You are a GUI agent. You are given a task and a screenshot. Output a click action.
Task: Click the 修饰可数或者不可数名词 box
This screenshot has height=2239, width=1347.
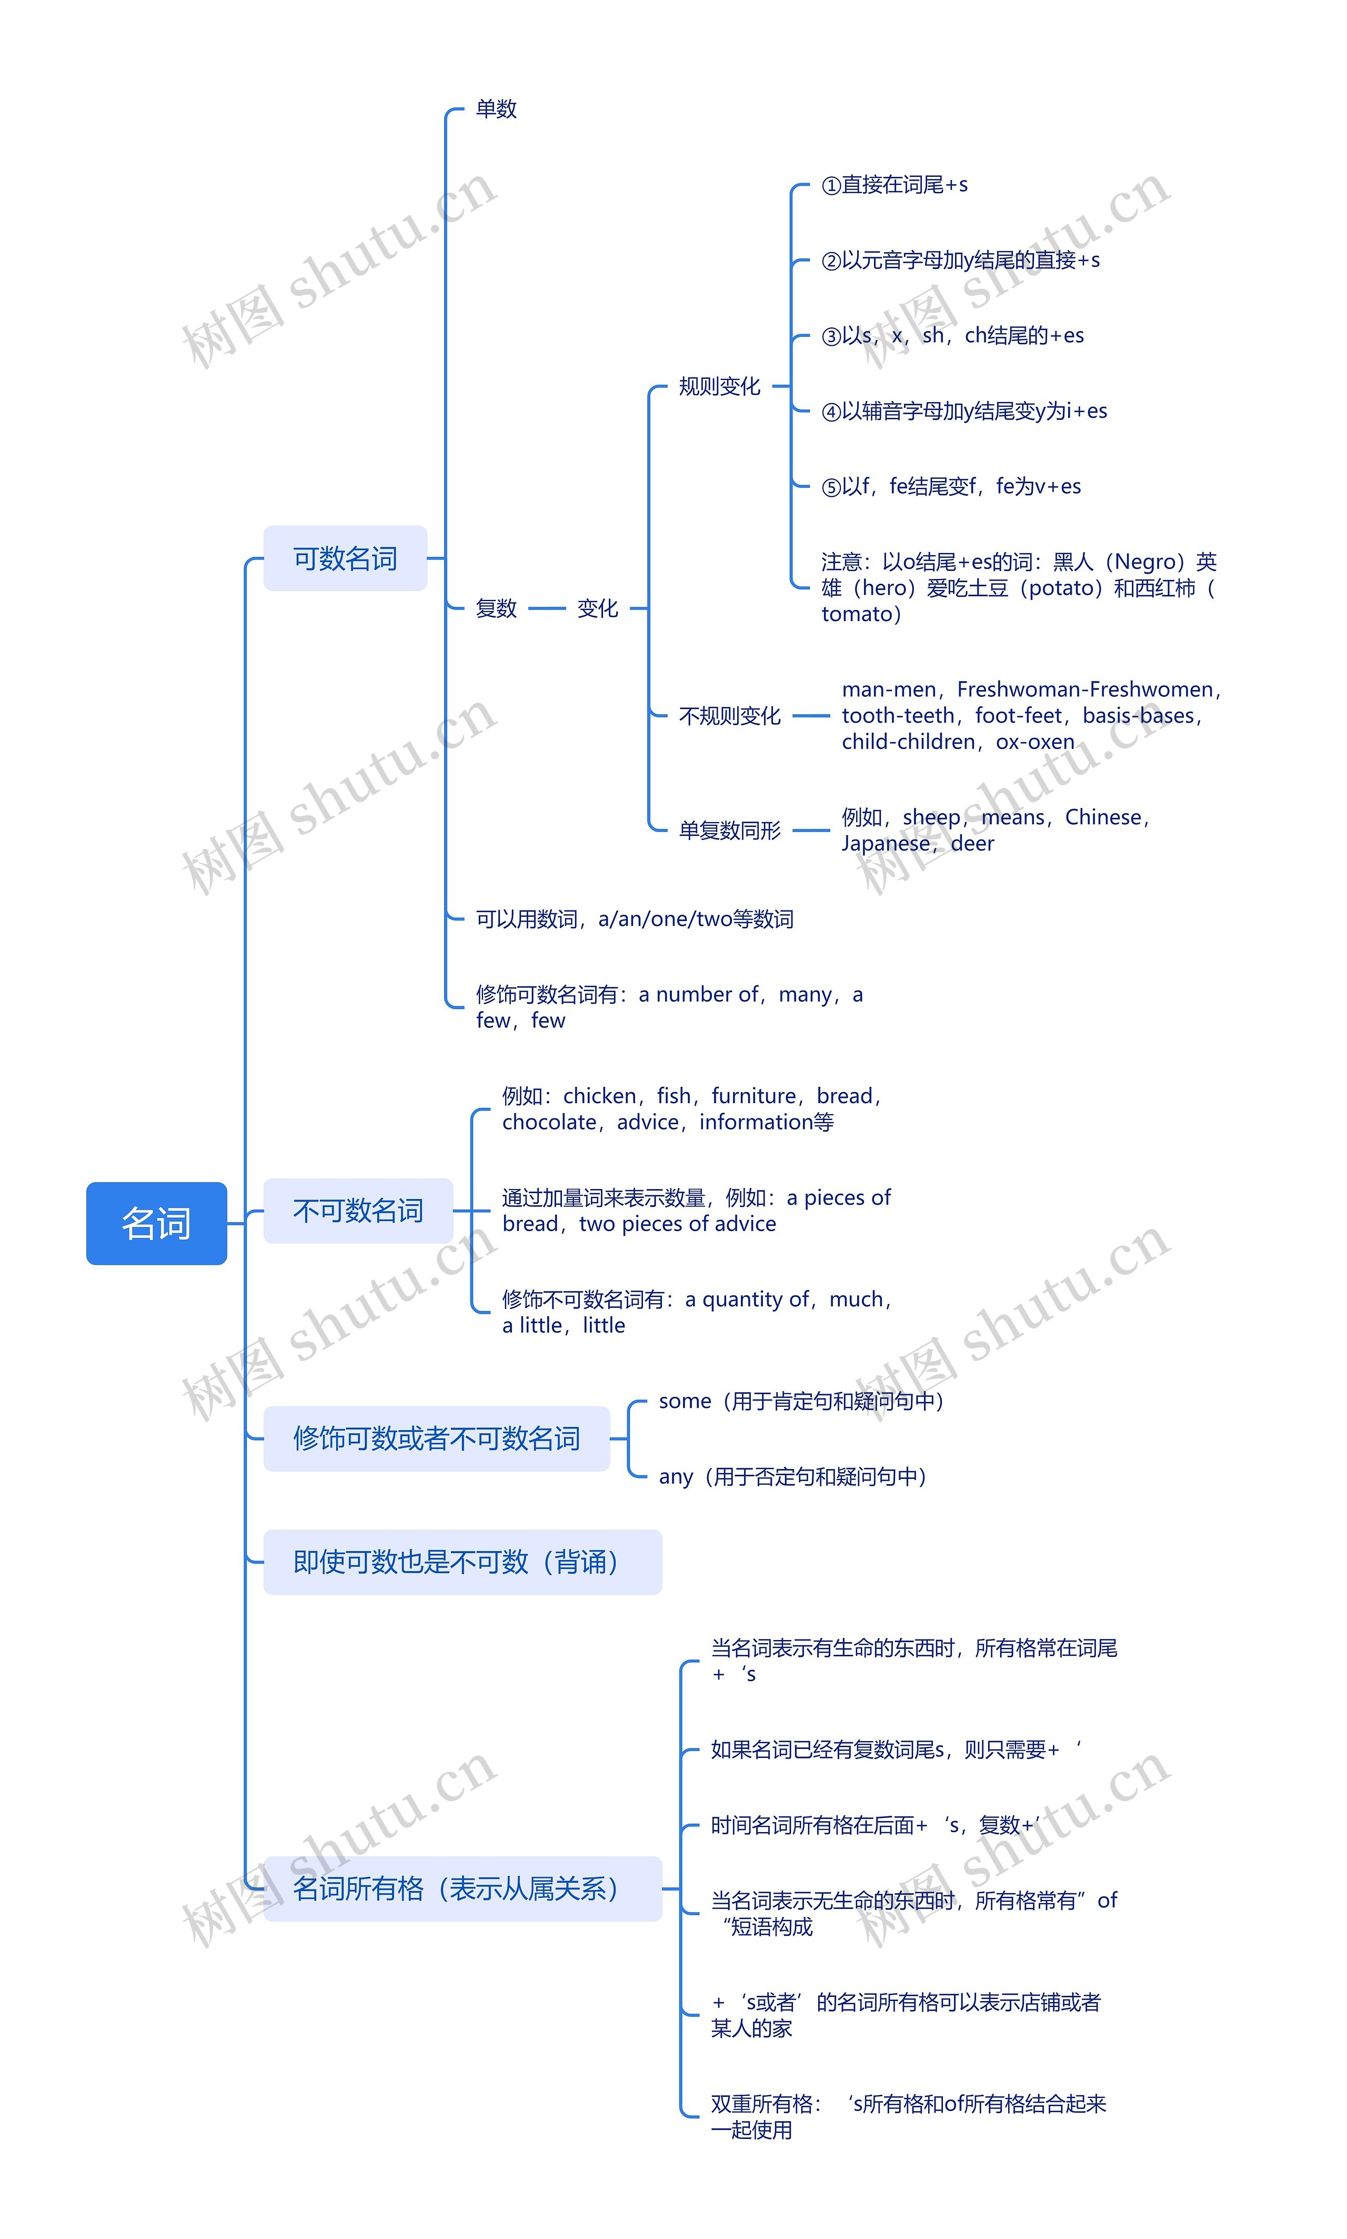coord(436,1437)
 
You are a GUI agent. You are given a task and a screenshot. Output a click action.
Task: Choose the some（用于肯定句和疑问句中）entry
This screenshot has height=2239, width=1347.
coord(801,1401)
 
